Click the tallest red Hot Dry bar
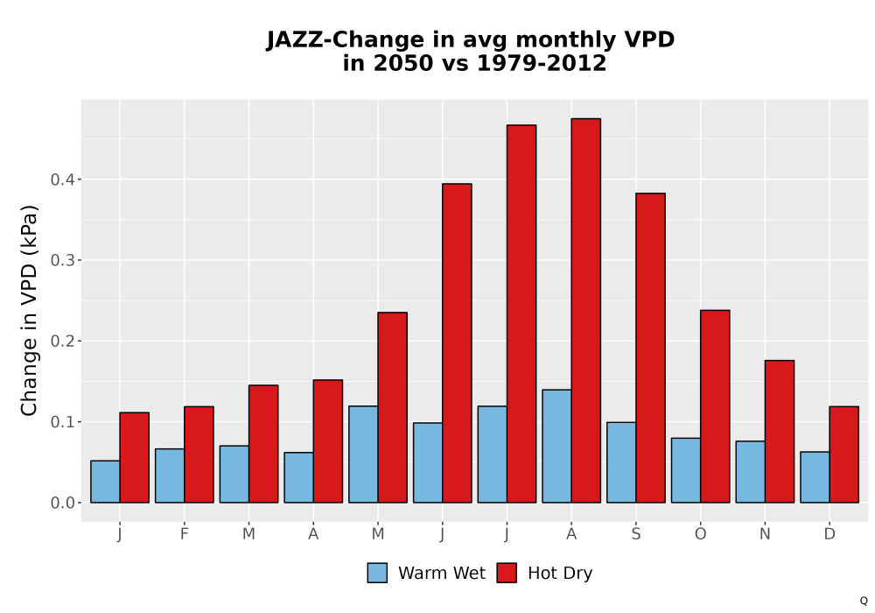pos(586,310)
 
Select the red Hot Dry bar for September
pos(650,348)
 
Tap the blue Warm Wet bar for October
pos(686,470)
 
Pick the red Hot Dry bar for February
pos(199,454)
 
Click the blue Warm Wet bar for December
pos(815,477)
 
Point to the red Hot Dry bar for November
pos(780,432)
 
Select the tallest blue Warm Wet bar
pos(556,446)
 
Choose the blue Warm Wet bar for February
pos(170,476)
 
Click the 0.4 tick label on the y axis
pos(62,180)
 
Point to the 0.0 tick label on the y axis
pos(62,503)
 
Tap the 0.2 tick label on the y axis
pos(62,342)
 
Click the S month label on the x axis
pos(635,534)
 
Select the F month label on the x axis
pos(184,534)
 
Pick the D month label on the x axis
pos(829,534)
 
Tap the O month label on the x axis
pos(700,534)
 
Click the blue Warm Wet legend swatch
pos(377,573)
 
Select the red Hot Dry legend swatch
pos(507,573)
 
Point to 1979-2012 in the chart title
pos(542,63)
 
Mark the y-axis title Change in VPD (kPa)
pos(29,310)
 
